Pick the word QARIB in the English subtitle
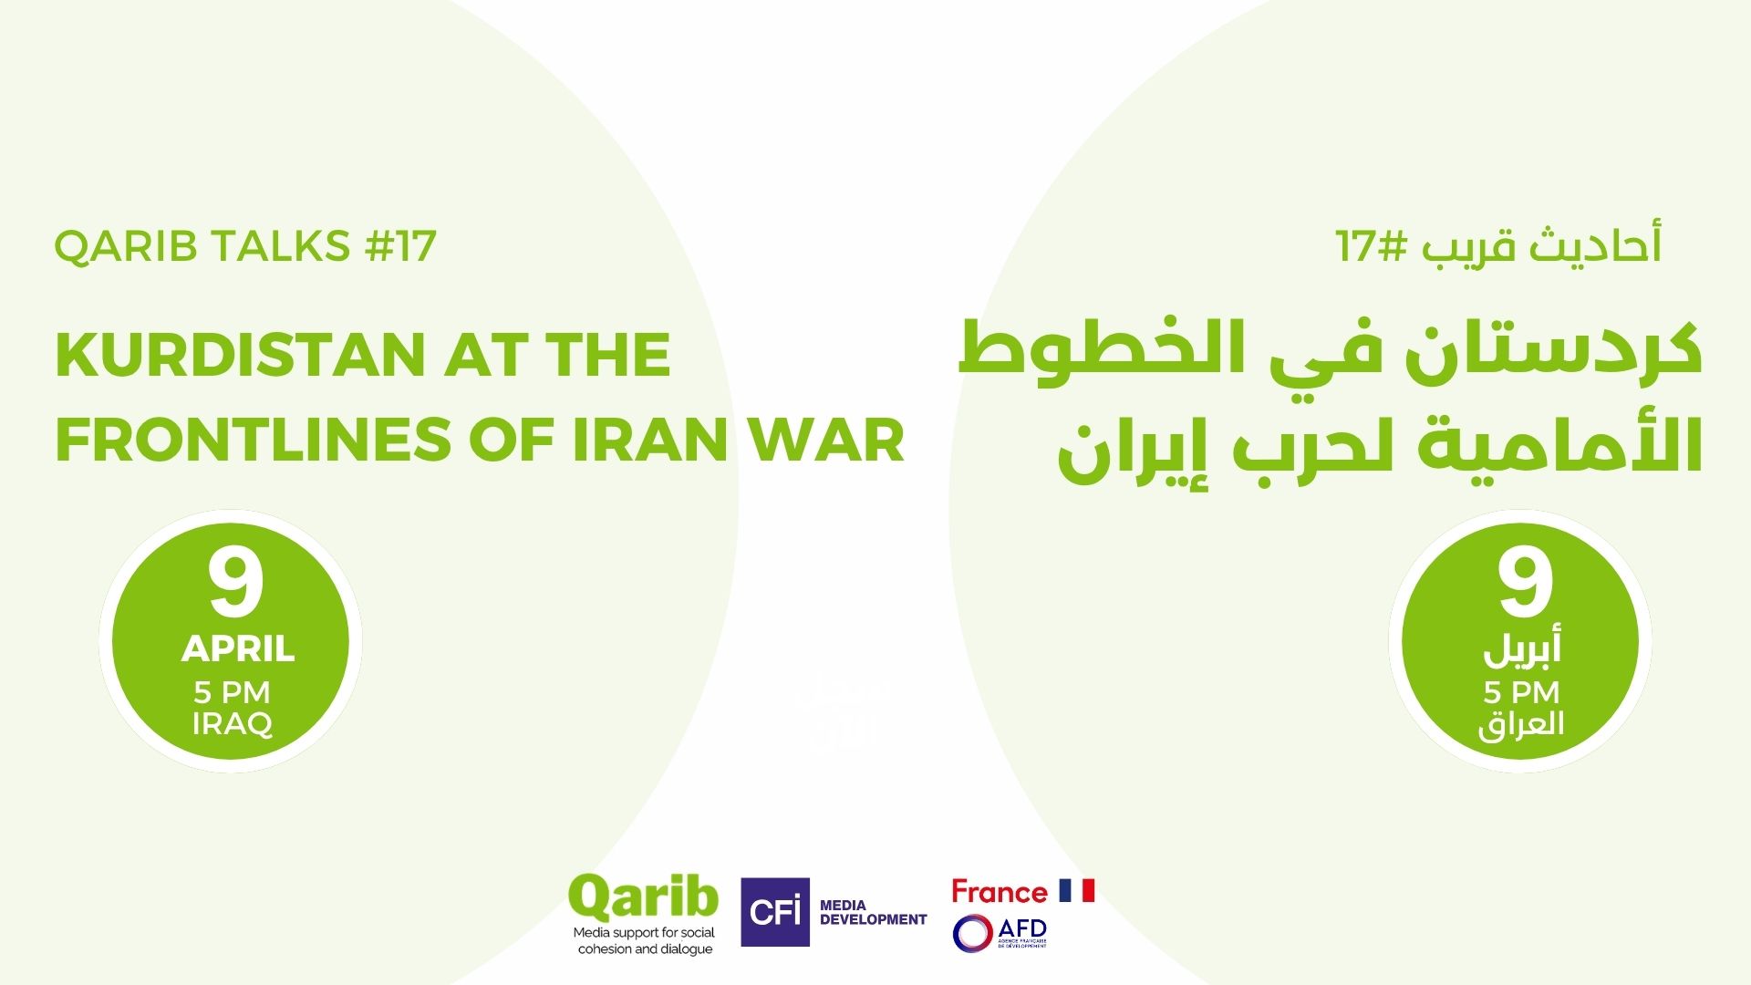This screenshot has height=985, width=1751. (124, 247)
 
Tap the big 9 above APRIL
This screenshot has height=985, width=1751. (235, 583)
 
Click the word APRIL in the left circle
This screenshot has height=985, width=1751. (237, 649)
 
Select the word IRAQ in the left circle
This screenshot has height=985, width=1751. (233, 724)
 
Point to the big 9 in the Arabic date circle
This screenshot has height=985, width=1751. (1525, 583)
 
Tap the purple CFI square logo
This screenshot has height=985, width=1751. (775, 912)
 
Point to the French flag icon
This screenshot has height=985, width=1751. (1076, 890)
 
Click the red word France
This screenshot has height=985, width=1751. (1000, 891)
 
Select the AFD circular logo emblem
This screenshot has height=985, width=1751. (972, 933)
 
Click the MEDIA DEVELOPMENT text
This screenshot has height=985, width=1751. (873, 913)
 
